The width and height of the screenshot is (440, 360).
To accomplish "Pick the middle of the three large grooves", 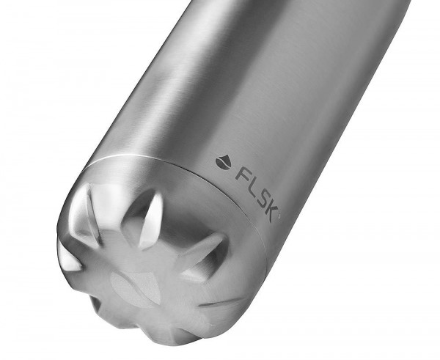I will [147, 218].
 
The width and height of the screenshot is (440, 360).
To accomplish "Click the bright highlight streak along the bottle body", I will [183, 81].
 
